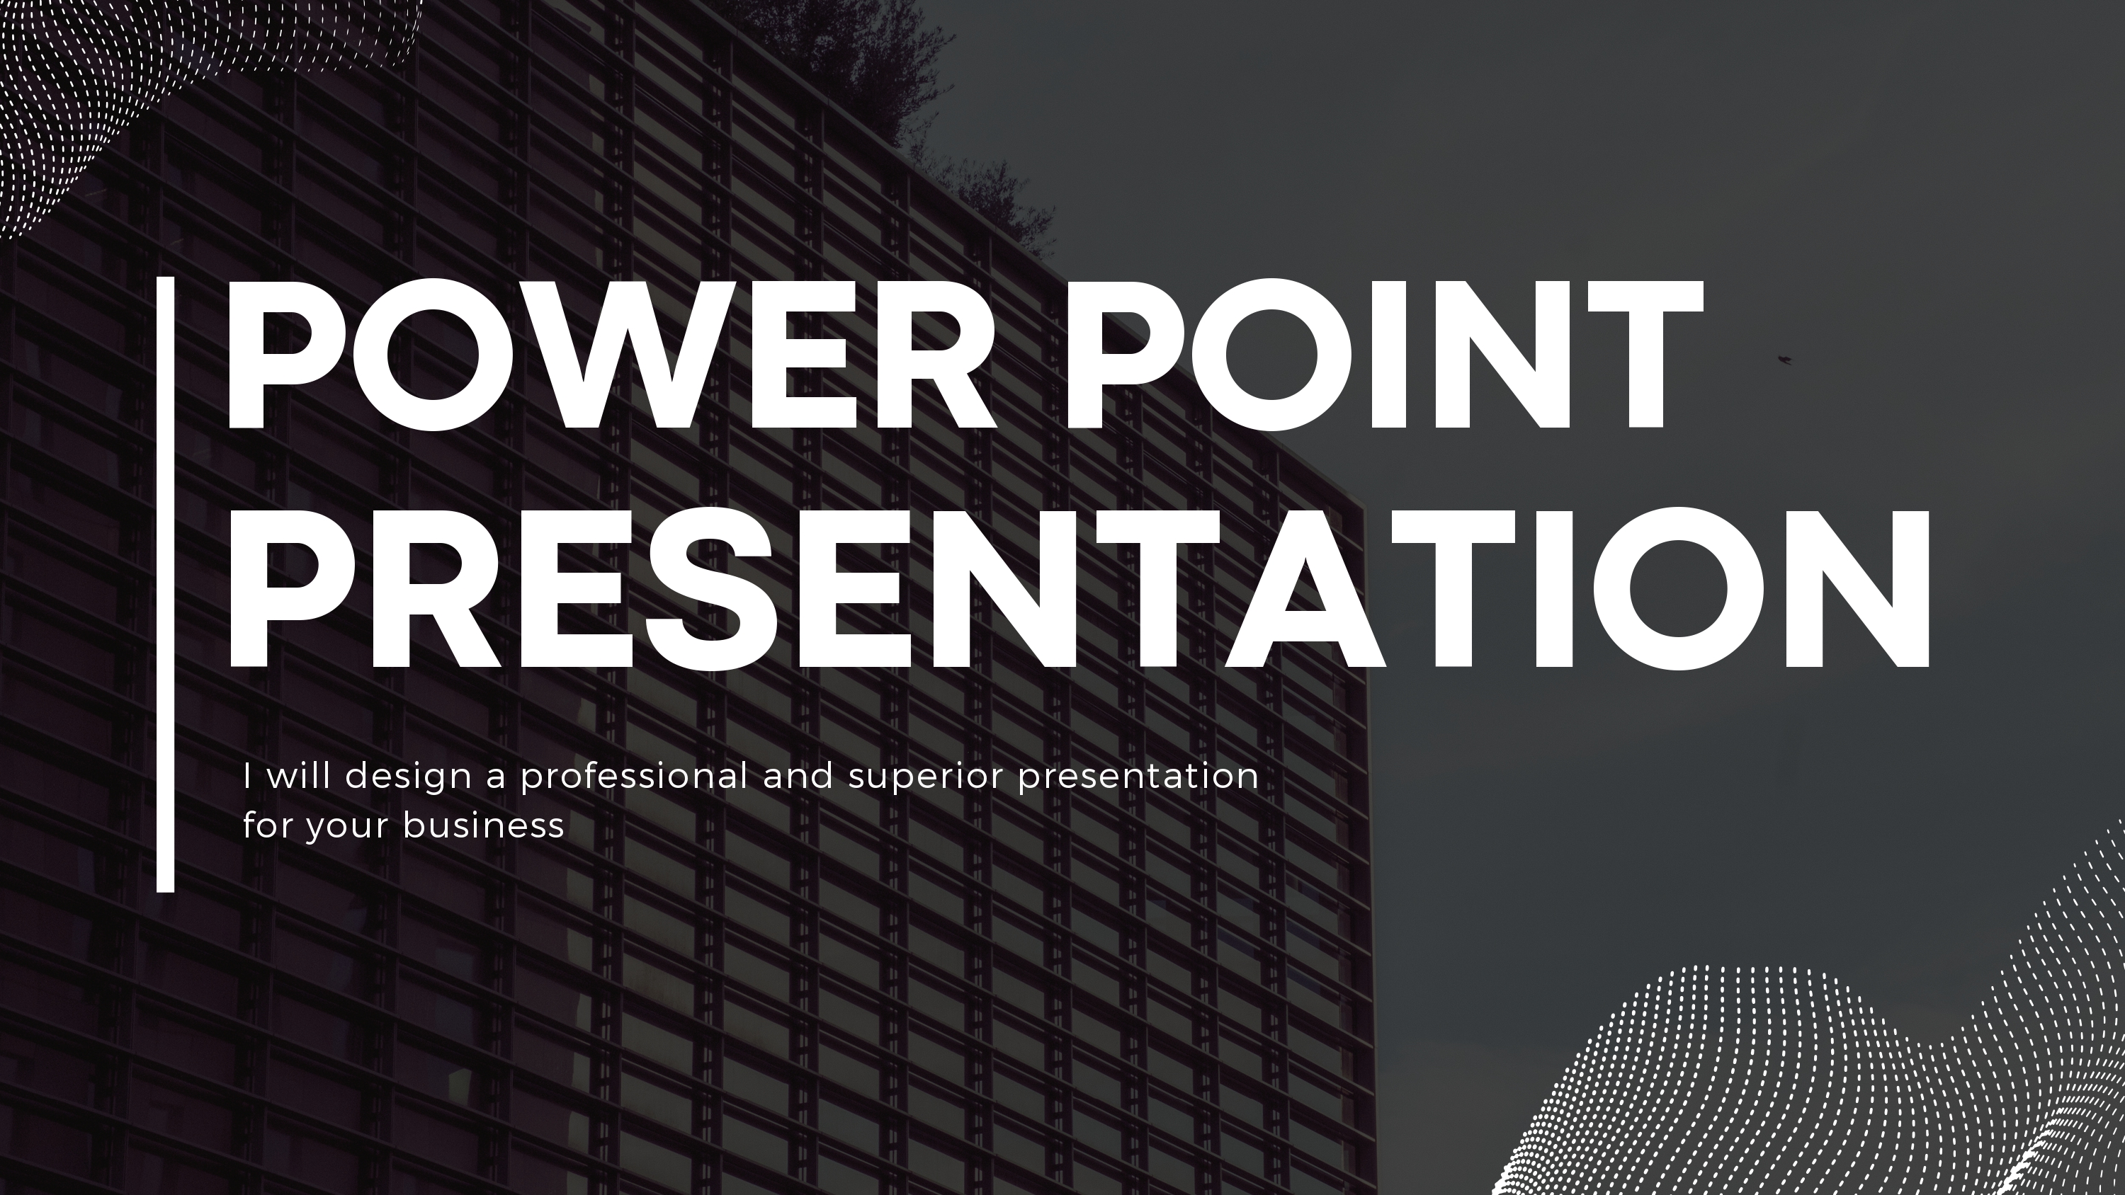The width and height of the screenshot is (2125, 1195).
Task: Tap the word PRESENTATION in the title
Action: [x=1077, y=588]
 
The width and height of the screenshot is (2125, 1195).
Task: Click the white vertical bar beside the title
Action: [x=166, y=584]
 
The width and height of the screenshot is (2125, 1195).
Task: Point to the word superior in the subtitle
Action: [x=926, y=777]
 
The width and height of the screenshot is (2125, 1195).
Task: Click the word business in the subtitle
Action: [x=483, y=825]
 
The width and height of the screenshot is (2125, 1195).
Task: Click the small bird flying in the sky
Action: [x=1784, y=360]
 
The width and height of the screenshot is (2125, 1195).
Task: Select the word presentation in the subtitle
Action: [x=1138, y=777]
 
